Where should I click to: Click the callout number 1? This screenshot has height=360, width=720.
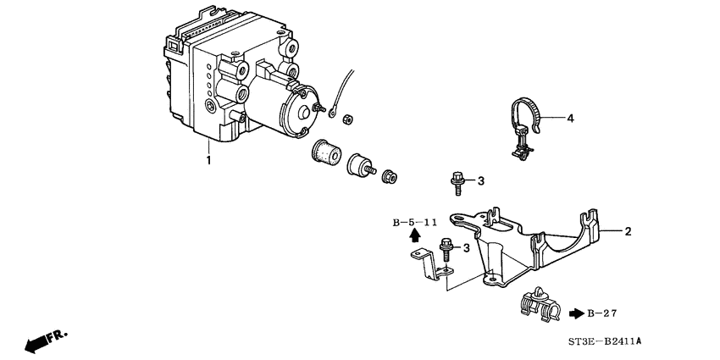coord(208,158)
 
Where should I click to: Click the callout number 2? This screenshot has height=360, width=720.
coord(629,230)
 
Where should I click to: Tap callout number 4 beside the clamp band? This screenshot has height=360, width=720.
coord(570,119)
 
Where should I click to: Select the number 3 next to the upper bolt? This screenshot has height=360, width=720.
coord(480,180)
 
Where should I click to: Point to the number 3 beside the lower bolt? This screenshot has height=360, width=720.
coord(465,247)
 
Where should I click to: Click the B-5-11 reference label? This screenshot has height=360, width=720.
coord(414,223)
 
